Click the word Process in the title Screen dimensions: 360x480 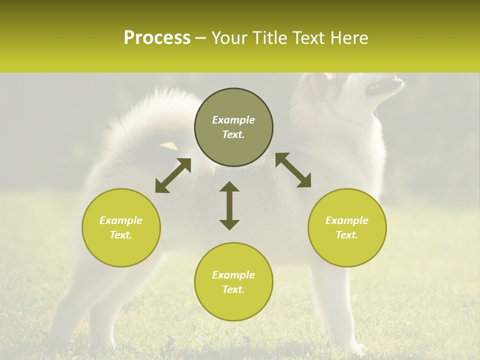[157, 38]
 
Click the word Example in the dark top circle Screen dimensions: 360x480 [233, 120]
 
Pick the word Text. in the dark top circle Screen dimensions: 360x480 [233, 134]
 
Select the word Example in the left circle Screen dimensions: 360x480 [121, 220]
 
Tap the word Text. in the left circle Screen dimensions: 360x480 [121, 235]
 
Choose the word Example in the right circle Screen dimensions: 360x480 [347, 220]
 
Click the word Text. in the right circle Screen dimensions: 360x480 [347, 235]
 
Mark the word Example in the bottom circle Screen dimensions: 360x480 [233, 275]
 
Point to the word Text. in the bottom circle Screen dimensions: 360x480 [233, 289]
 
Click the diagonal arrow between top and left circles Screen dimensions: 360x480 [173, 175]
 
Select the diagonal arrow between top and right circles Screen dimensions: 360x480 [293, 170]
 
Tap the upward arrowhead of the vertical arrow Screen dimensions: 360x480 [229, 186]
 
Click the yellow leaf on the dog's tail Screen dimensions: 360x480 [168, 145]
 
